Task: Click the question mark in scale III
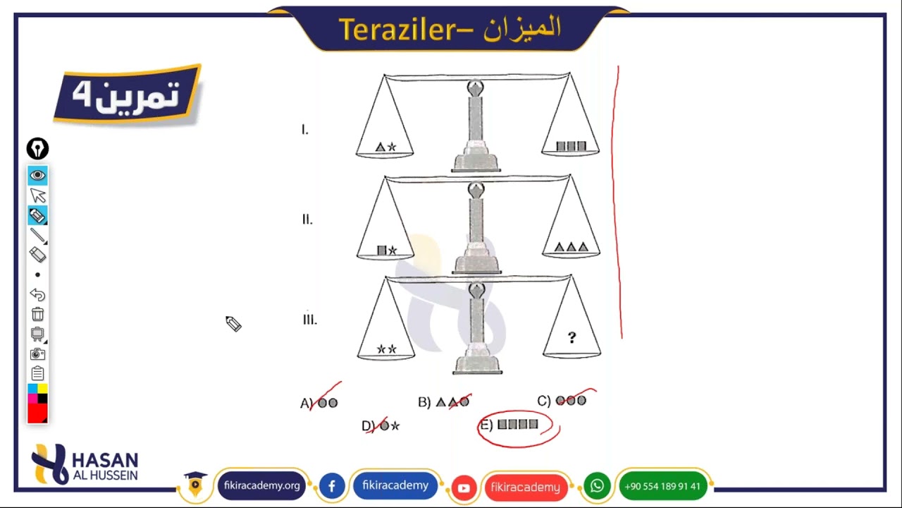pyautogui.click(x=572, y=338)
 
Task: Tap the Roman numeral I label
pyautogui.click(x=304, y=130)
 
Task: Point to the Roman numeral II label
pyautogui.click(x=307, y=219)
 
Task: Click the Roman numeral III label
pyautogui.click(x=309, y=320)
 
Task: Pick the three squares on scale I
pyautogui.click(x=571, y=146)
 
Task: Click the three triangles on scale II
pyautogui.click(x=571, y=247)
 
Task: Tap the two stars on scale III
pyautogui.click(x=386, y=349)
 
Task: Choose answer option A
pyautogui.click(x=319, y=403)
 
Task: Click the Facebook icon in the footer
pyautogui.click(x=332, y=486)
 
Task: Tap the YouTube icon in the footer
pyautogui.click(x=464, y=488)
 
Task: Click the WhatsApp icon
pyautogui.click(x=597, y=486)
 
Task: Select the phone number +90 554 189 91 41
pyautogui.click(x=662, y=486)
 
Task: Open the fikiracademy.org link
pyautogui.click(x=261, y=486)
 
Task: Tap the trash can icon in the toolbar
pyautogui.click(x=37, y=315)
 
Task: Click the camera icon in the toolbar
pyautogui.click(x=37, y=354)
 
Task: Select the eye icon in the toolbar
pyautogui.click(x=37, y=175)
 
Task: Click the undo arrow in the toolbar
pyautogui.click(x=37, y=295)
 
